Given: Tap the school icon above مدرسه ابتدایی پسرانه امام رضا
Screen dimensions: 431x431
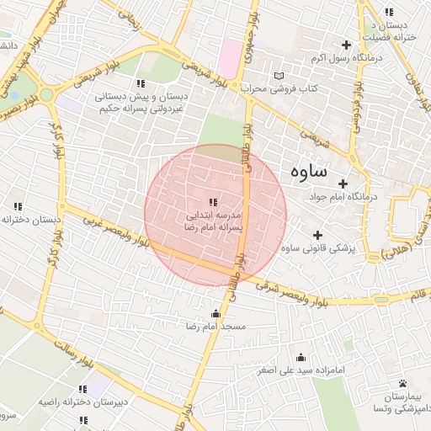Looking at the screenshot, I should pos(212,202).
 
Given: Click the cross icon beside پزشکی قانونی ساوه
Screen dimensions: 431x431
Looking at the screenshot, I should pos(317,235).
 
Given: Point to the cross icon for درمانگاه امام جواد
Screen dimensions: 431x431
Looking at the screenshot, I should pos(343,184).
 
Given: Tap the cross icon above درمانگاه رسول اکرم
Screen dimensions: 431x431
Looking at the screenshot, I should pos(345,45).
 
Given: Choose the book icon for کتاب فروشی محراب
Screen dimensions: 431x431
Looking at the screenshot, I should pos(291,76).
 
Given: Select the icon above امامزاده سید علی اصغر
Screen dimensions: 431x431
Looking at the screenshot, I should pos(301,358).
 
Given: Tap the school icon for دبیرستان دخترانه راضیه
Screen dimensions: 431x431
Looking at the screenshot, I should pos(82,389).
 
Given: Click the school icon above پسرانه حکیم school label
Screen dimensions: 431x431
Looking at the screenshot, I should pos(141,83).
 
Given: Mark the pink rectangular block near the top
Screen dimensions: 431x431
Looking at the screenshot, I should pos(229,58).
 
